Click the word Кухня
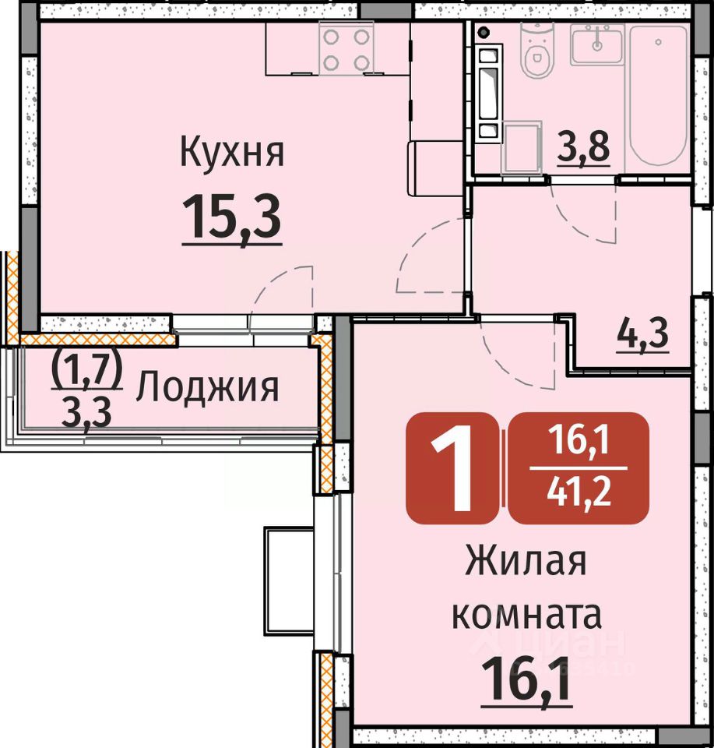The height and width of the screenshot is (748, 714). click(232, 153)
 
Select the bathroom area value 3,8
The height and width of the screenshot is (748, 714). click(584, 148)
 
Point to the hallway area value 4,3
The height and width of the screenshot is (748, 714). click(643, 334)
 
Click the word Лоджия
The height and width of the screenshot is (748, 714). click(207, 387)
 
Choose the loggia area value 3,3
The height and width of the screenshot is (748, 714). click(86, 413)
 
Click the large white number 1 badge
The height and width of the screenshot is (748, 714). click(452, 468)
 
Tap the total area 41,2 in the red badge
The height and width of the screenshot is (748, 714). click(579, 492)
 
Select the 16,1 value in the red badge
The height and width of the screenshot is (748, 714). click(579, 439)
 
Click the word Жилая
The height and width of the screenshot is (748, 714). click(526, 561)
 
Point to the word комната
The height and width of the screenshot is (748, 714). click(526, 615)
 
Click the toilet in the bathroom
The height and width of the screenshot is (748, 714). click(538, 51)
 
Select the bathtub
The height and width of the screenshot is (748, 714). click(658, 95)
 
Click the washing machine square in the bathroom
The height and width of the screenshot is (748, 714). click(522, 146)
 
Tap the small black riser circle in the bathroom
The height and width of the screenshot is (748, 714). click(484, 33)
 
